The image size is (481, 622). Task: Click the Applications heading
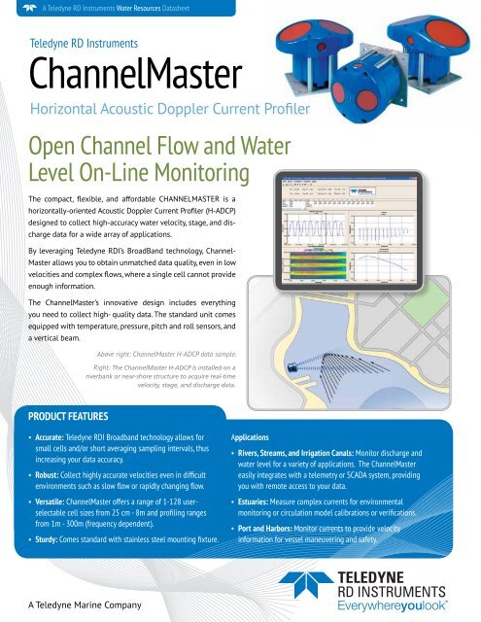263,438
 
